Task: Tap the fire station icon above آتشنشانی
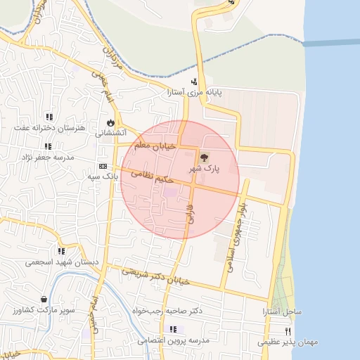[110, 122]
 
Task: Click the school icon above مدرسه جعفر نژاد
[48, 146]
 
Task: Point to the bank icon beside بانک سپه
[103, 166]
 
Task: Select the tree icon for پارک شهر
[204, 158]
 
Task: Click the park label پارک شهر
[204, 169]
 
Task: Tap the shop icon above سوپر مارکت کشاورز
[44, 299]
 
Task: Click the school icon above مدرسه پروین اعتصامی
[172, 329]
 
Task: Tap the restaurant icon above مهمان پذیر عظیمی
[288, 331]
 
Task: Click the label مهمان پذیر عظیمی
[288, 342]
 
